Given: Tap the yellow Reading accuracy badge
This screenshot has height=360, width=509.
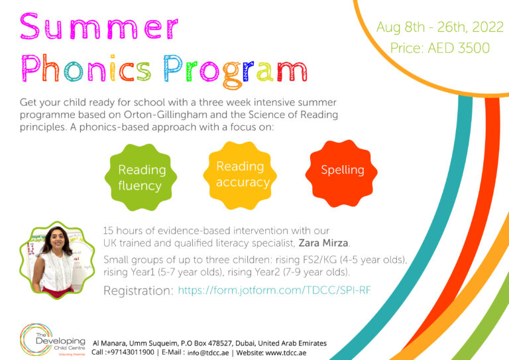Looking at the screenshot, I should pyautogui.click(x=243, y=174).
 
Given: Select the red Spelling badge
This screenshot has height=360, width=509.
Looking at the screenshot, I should pyautogui.click(x=342, y=170).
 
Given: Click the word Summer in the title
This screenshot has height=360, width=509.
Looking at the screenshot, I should pyautogui.click(x=99, y=27).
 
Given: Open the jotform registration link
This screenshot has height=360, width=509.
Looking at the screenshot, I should pyautogui.click(x=274, y=290).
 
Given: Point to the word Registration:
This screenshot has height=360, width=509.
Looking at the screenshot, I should pyautogui.click(x=139, y=290).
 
